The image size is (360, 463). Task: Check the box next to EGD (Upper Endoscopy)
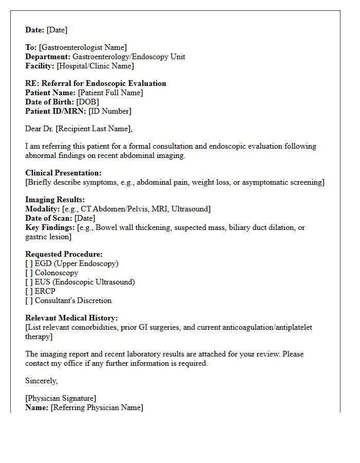[29, 263]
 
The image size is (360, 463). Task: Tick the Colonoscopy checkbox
[29, 273]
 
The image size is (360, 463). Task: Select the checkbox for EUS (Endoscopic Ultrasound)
[29, 282]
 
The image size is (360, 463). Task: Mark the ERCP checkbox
[29, 291]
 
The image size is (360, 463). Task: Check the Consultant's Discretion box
[29, 300]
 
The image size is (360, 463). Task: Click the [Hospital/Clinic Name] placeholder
[95, 66]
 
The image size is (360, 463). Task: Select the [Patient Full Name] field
[110, 93]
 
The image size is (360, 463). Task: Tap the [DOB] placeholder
[87, 102]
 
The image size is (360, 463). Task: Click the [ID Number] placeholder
[110, 111]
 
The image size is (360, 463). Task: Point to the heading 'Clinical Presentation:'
[63, 173]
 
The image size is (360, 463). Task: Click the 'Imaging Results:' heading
[55, 200]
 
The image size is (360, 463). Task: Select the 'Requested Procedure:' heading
[64, 254]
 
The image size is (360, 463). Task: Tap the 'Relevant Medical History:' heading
[71, 318]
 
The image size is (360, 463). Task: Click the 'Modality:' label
[42, 209]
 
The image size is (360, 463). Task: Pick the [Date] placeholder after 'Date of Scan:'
[84, 218]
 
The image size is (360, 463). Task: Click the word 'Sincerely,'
[41, 381]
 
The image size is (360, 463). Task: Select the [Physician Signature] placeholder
[61, 398]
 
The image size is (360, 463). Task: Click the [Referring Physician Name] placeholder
[97, 407]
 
